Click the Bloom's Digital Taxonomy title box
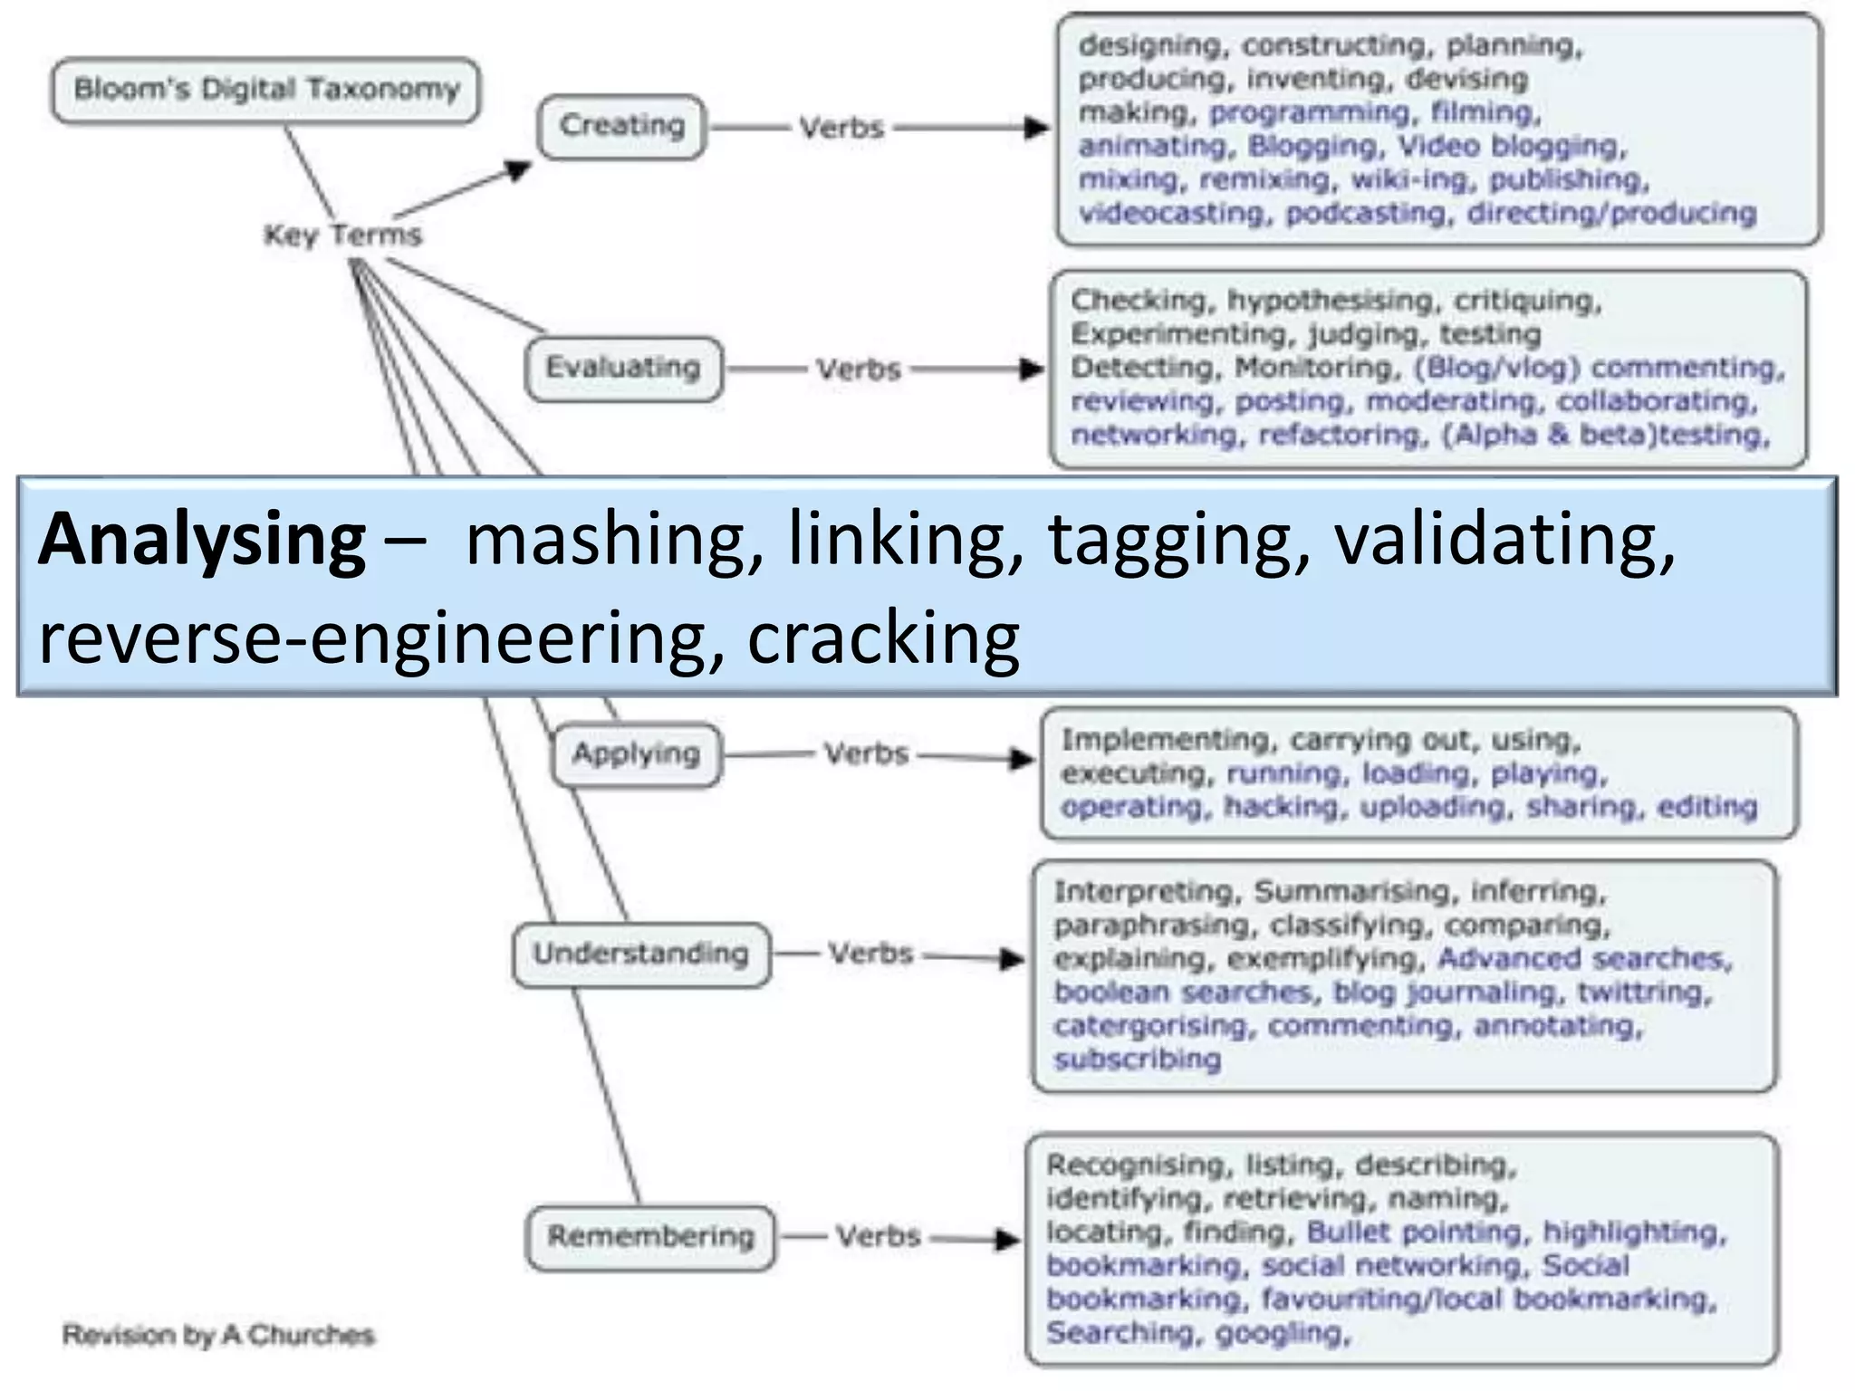click(265, 90)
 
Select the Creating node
click(621, 126)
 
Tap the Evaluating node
click(623, 368)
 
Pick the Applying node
click(636, 753)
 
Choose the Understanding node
click(640, 954)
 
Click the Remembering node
click(650, 1236)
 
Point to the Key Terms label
click(342, 235)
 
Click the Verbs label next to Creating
click(841, 129)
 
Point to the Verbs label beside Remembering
click(878, 1237)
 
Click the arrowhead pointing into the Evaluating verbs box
click(1032, 369)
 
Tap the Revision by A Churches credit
click(217, 1335)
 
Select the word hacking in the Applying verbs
click(1280, 807)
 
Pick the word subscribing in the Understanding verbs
click(1137, 1059)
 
